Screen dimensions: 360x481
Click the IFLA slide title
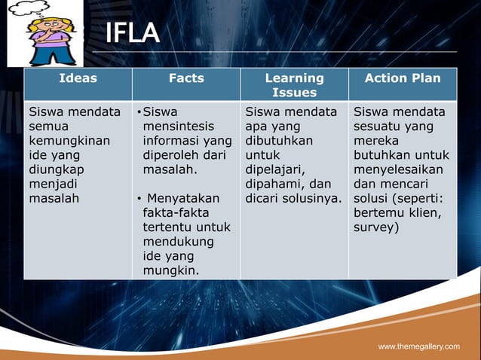(132, 33)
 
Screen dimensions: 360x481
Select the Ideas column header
(78, 78)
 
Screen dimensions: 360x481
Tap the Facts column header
(186, 78)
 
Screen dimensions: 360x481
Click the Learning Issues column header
(294, 84)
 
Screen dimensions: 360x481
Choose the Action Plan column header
(403, 78)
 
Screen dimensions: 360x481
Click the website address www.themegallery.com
(418, 346)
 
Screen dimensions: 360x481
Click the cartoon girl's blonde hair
(41, 27)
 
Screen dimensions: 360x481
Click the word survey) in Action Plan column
(375, 227)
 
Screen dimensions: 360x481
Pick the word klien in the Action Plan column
(430, 213)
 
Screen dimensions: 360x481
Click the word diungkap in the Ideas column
(57, 170)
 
